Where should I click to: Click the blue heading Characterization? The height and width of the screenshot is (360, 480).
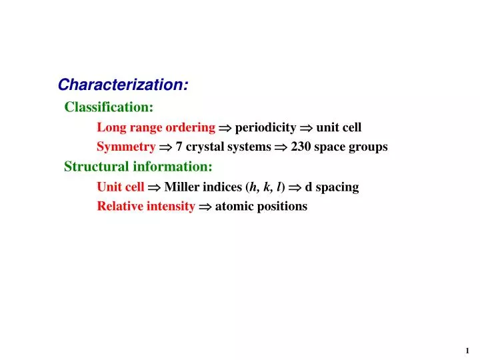[123, 85]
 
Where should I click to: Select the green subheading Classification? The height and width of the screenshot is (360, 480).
[109, 107]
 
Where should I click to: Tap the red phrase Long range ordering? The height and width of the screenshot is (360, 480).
[156, 127]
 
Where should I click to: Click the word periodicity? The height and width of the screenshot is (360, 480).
[265, 127]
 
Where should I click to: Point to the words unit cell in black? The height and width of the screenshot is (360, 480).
[339, 127]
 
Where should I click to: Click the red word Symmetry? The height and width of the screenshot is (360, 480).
[126, 147]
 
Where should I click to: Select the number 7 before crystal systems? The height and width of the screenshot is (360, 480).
[179, 147]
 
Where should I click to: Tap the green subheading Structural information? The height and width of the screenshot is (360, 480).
[138, 167]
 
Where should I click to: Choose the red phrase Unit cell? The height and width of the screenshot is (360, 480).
[120, 187]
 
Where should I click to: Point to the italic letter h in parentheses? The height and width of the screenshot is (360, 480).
[253, 187]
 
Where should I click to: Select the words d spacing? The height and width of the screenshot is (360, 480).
[331, 187]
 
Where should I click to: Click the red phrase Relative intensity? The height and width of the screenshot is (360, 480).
[146, 206]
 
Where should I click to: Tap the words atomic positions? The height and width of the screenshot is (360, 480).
[261, 207]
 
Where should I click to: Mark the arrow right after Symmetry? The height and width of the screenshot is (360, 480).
[165, 147]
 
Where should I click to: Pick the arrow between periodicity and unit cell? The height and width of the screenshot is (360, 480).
[306, 127]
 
